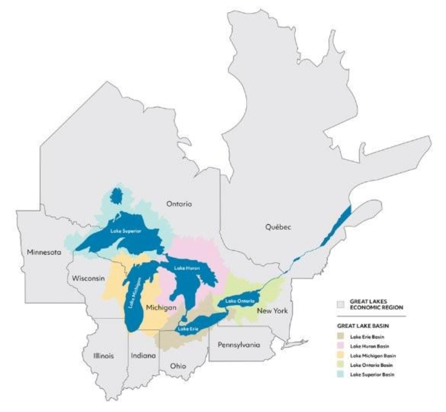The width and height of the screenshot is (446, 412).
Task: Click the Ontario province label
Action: (x=178, y=204)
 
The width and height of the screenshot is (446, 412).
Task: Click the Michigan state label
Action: (x=161, y=308)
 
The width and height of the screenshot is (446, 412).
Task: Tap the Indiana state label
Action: (x=142, y=356)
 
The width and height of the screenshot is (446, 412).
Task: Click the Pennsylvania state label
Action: (x=239, y=344)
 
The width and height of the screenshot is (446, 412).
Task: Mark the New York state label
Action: (x=272, y=310)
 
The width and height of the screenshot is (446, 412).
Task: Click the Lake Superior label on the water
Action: (x=125, y=230)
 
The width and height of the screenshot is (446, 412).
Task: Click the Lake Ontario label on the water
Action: (x=238, y=301)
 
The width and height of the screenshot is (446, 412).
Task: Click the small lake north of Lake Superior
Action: (x=116, y=194)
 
